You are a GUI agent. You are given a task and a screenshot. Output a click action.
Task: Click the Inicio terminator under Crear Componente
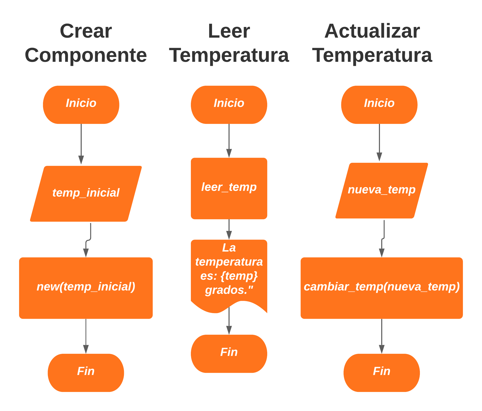[x=81, y=105]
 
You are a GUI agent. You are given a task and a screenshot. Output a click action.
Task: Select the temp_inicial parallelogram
[x=86, y=194]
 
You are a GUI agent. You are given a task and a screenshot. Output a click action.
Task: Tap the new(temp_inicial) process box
[x=86, y=288]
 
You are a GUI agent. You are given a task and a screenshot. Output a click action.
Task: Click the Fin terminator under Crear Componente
[x=86, y=372]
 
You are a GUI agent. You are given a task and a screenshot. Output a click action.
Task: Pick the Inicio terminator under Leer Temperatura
[x=229, y=105]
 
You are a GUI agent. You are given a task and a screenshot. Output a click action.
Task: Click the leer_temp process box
[x=229, y=188]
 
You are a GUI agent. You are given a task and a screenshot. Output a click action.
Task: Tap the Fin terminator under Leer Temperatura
[x=229, y=353]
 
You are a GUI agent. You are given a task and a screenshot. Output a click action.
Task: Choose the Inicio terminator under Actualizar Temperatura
[x=379, y=105]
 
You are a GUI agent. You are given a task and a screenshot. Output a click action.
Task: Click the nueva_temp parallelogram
[x=381, y=190]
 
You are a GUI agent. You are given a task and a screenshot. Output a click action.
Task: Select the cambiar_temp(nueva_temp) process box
[x=381, y=288]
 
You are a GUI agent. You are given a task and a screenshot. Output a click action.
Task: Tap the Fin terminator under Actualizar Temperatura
[x=381, y=372]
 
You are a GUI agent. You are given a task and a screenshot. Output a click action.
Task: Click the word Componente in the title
[x=86, y=55]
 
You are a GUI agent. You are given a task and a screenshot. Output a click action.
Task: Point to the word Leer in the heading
[x=229, y=31]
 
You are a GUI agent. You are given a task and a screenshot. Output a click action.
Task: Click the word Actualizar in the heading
[x=372, y=31]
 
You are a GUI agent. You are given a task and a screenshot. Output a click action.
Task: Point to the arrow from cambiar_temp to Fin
[x=381, y=336]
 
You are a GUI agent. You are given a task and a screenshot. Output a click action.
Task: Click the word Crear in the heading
[x=86, y=31]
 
